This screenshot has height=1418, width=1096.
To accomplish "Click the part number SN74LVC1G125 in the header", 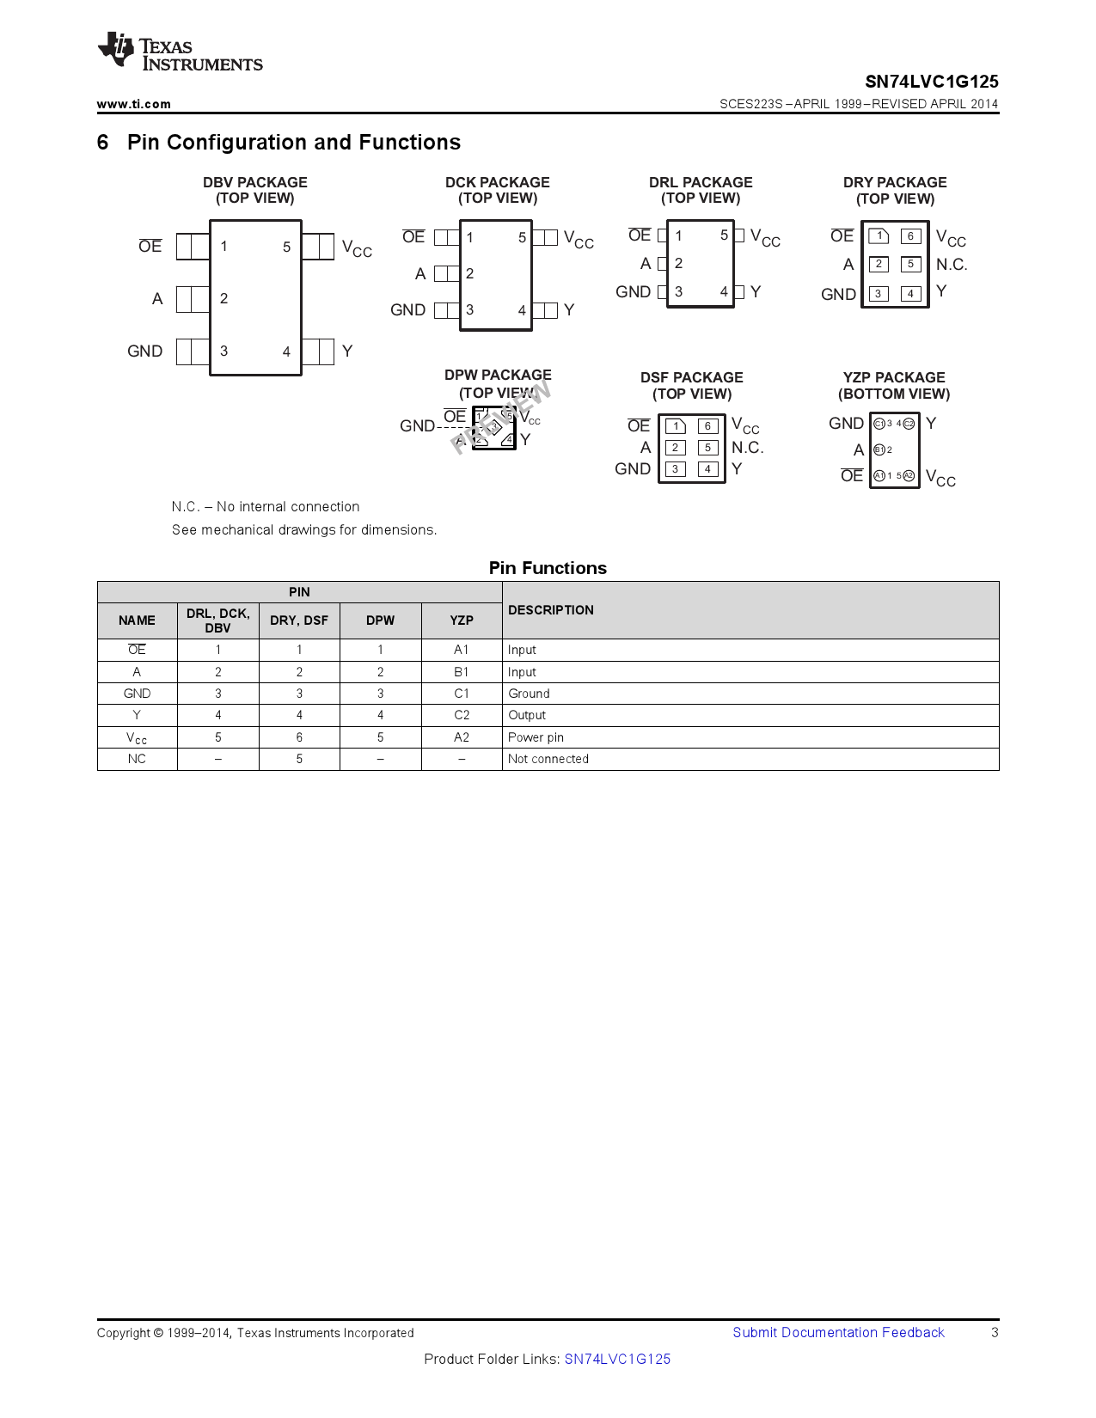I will point(931,82).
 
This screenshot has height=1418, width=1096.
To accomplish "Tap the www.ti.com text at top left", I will point(133,104).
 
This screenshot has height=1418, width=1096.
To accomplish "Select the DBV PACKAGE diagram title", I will point(254,182).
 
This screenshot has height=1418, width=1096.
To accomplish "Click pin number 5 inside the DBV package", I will point(286,247).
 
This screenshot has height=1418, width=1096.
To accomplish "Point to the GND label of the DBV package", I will point(144,351).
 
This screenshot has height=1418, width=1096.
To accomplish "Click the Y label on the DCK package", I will point(568,309).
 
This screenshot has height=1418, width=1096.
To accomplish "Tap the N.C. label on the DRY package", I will point(951,265).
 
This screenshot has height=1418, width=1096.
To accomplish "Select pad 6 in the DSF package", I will point(707,426).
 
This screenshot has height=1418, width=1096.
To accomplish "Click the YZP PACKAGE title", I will point(893,377).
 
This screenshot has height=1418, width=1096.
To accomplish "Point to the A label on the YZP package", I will point(858,449).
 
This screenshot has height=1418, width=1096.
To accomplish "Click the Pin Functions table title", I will point(548,568).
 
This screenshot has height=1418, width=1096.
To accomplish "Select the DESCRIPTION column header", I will point(550,610).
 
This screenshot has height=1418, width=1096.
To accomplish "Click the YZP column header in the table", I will point(462,620).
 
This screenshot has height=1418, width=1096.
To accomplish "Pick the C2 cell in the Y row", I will point(462,715).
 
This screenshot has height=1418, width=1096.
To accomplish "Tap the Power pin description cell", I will point(536,737).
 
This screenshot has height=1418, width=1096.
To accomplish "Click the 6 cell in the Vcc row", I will point(299,737).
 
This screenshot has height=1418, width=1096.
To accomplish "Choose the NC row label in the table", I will point(137,759).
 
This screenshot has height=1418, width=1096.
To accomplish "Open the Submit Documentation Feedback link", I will point(837,1332).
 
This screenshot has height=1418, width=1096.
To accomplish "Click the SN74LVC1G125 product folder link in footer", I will point(617,1359).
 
